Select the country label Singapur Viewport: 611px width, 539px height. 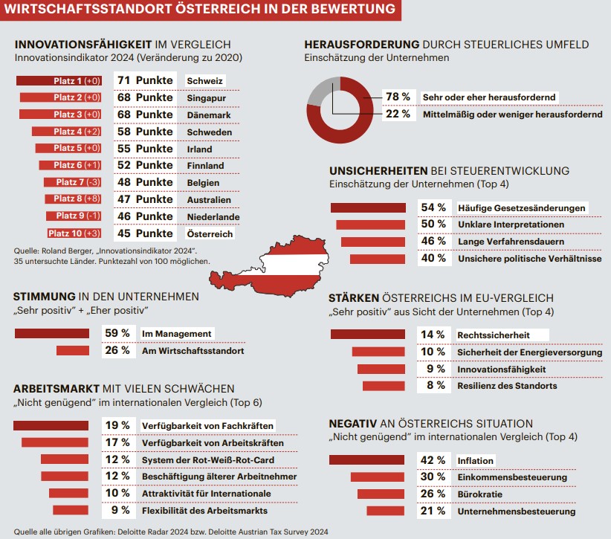point(204,97)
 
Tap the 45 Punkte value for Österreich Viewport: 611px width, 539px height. point(144,233)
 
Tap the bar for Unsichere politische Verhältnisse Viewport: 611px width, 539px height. point(378,259)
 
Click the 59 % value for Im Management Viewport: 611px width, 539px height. point(116,334)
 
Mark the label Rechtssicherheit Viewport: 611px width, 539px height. point(494,335)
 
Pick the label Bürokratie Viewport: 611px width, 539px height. point(479,494)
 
